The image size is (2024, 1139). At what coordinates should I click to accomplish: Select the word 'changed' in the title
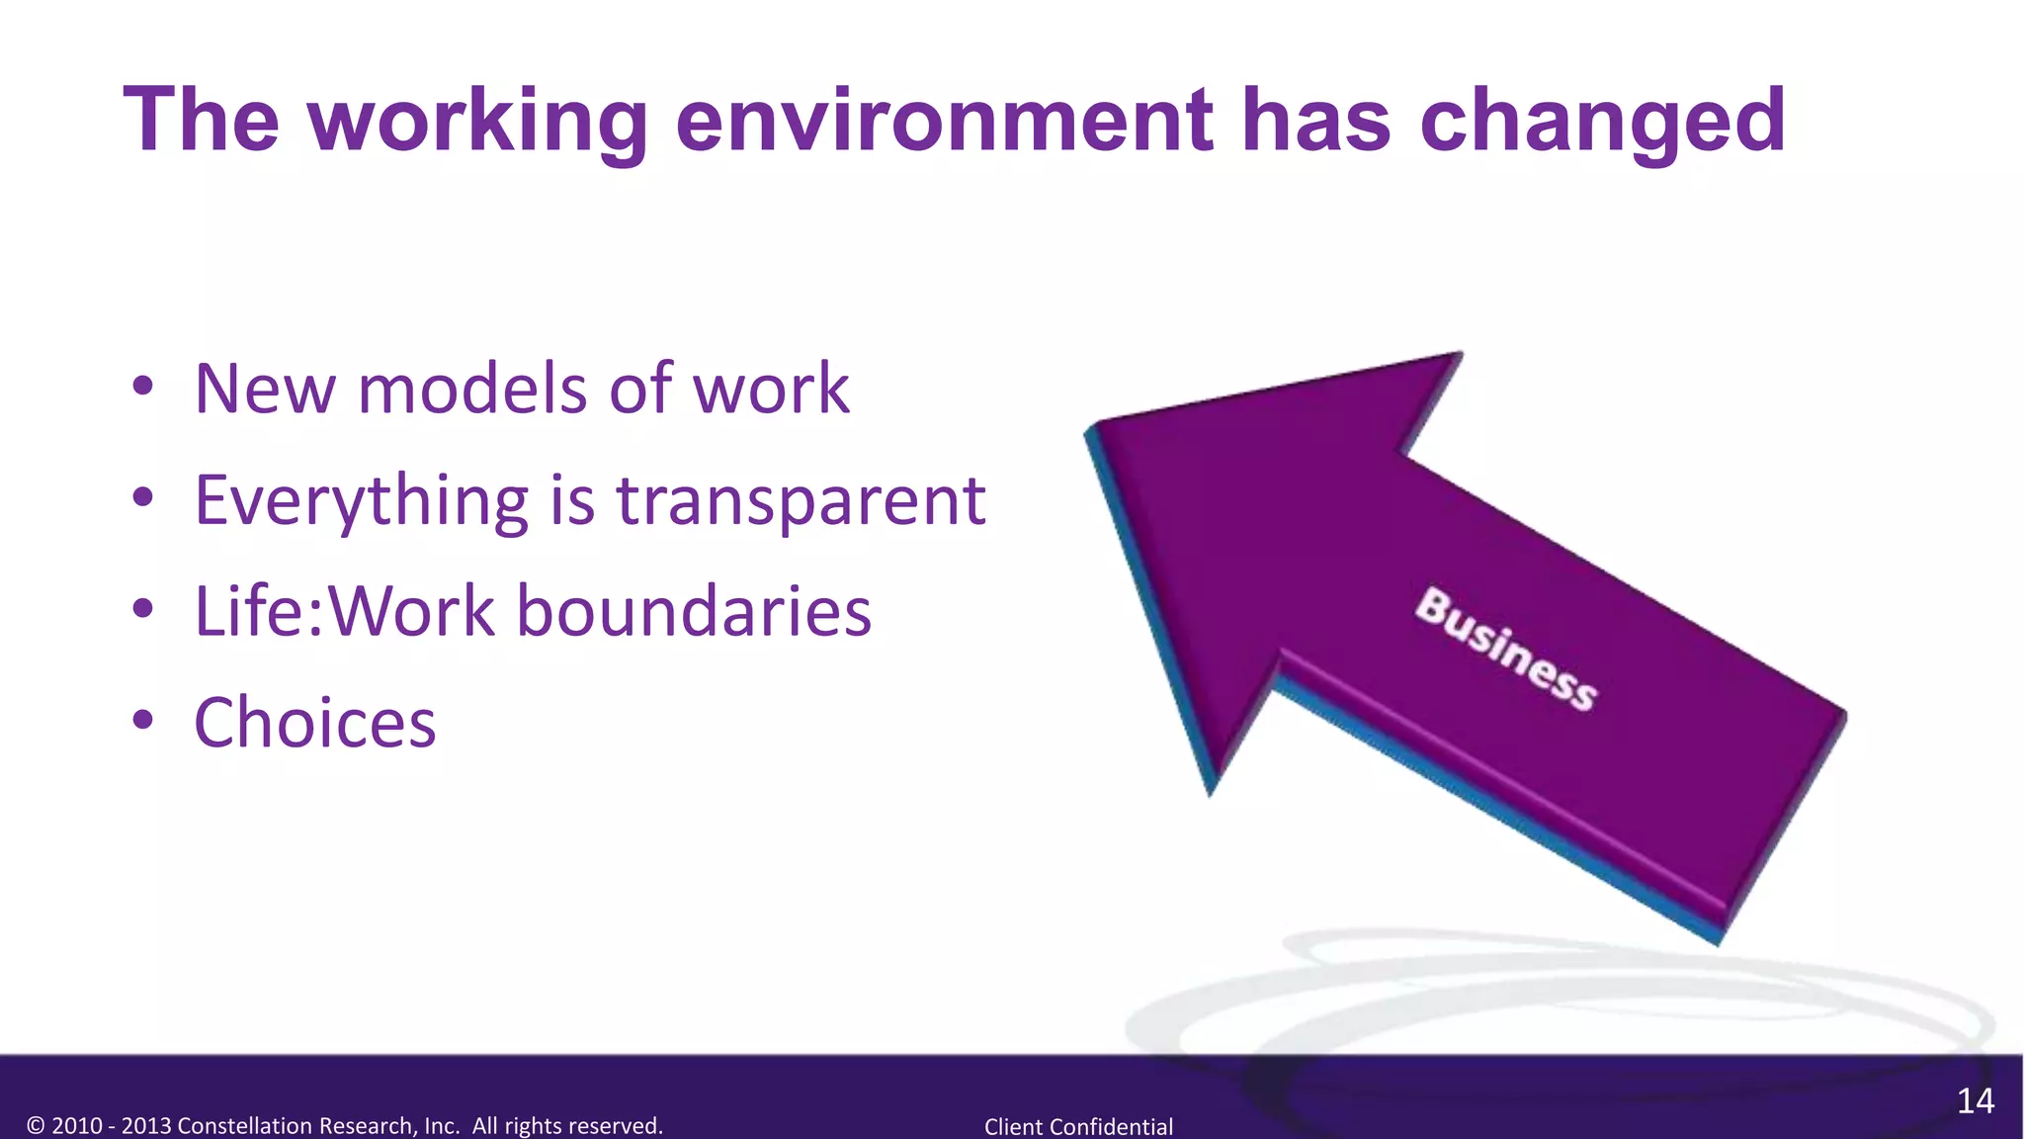pos(1602,122)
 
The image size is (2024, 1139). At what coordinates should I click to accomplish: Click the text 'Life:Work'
pos(344,611)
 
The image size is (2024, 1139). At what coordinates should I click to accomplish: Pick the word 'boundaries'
pos(694,611)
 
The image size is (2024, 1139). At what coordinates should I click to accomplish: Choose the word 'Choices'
pos(314,723)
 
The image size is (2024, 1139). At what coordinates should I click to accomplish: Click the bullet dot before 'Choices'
pos(143,721)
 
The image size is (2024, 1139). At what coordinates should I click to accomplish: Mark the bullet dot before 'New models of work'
pos(143,387)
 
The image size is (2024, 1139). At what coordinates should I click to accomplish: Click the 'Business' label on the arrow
pos(1505,649)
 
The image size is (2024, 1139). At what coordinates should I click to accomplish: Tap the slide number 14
pos(1975,1100)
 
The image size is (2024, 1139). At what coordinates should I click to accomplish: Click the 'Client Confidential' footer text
pos(1078,1126)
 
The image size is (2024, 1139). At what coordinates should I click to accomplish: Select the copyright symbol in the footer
pos(36,1125)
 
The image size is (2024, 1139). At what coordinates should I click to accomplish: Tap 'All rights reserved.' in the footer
pos(567,1125)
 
